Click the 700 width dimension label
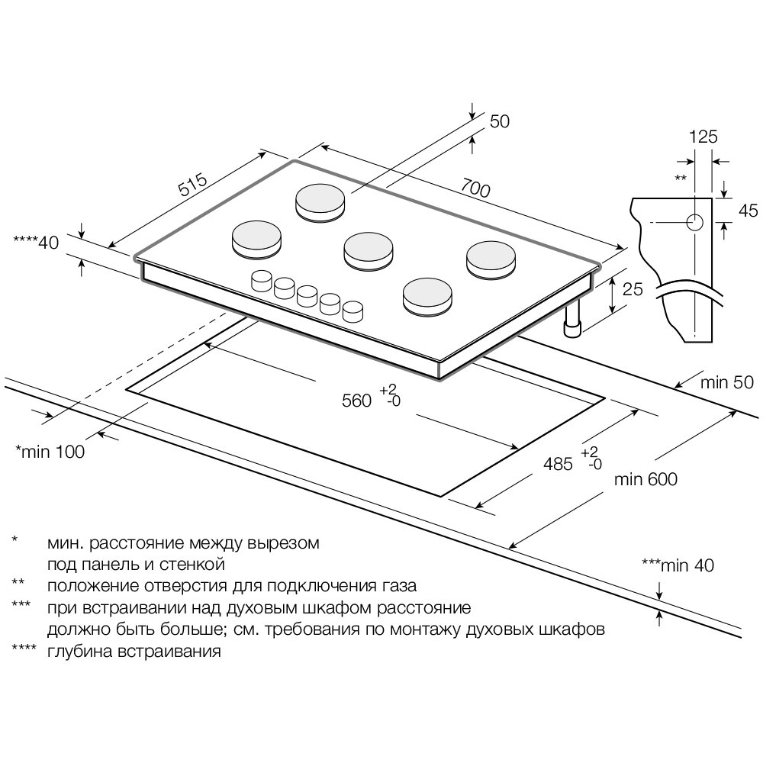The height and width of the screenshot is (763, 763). click(x=475, y=188)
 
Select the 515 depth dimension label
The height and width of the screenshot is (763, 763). click(x=193, y=186)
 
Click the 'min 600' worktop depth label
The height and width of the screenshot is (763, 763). click(x=645, y=479)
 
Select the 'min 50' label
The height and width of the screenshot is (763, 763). click(x=727, y=384)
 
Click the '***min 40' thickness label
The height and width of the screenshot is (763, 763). click(x=678, y=565)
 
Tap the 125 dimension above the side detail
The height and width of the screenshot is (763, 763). click(x=703, y=137)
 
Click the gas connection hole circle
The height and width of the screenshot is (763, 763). click(x=694, y=222)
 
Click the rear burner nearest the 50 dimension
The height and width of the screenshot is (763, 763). click(x=321, y=201)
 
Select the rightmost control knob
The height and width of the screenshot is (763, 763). click(x=353, y=311)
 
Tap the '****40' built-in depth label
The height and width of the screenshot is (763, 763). click(x=37, y=243)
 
